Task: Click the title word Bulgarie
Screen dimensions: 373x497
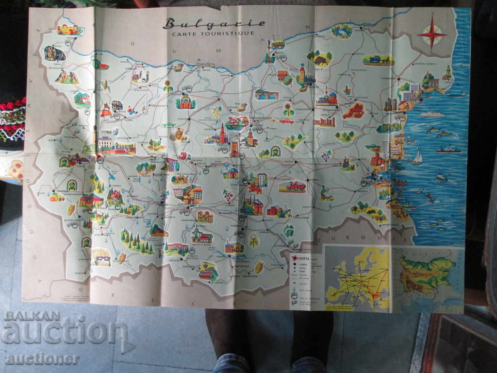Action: [214, 23]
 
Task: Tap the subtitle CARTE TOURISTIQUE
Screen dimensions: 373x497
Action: [213, 33]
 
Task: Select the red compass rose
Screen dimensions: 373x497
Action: [431, 34]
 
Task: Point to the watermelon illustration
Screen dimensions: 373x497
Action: [101, 64]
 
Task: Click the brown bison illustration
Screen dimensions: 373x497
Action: [320, 60]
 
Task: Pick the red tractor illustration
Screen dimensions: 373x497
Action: [293, 186]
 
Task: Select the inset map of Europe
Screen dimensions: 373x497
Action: [358, 278]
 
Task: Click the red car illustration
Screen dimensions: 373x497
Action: [286, 121]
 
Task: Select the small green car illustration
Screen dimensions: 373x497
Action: [169, 125]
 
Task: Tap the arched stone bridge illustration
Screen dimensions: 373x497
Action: [266, 95]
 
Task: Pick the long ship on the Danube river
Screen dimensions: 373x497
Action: [201, 63]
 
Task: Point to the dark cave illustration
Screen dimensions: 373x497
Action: [54, 53]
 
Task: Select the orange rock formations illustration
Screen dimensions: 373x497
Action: [67, 77]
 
